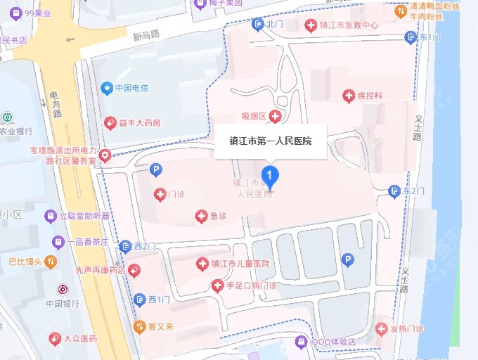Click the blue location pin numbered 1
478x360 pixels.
269,175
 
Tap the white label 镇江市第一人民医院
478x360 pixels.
271,141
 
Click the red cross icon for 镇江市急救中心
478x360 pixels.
309,25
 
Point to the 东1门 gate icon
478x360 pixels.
410,37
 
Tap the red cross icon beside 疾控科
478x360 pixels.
348,95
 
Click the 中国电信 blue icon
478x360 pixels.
106,88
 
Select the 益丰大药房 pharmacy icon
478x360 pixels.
110,123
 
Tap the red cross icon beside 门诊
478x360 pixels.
160,193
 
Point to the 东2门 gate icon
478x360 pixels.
394,191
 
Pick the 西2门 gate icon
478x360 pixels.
125,245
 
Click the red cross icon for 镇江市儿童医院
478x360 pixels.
201,264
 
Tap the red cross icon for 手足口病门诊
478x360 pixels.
217,285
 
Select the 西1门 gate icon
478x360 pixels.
139,299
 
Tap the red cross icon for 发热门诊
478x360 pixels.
381,328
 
